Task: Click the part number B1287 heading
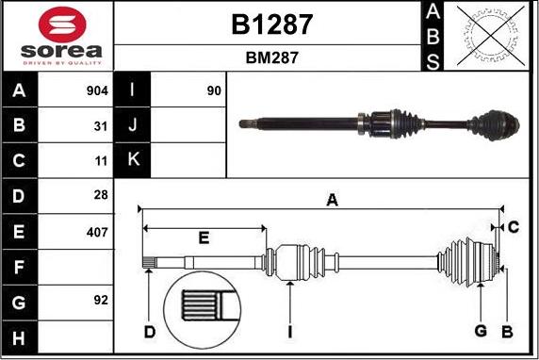pyautogui.click(x=271, y=24)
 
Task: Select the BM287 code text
pyautogui.click(x=271, y=57)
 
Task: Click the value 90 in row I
pyautogui.click(x=214, y=91)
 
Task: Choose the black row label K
pyautogui.click(x=133, y=160)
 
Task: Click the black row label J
pyautogui.click(x=133, y=125)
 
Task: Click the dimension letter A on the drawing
pyautogui.click(x=332, y=200)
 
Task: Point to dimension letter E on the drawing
pyautogui.click(x=204, y=237)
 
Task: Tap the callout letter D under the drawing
pyautogui.click(x=149, y=331)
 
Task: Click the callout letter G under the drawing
pyautogui.click(x=481, y=331)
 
